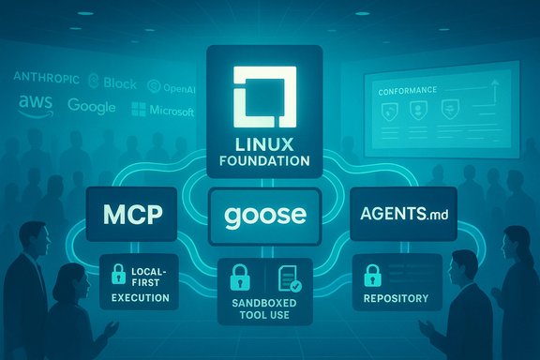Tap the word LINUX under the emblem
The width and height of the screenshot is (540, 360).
point(269,144)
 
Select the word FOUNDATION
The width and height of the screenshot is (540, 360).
point(269,160)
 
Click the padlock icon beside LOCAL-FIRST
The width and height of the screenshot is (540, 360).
point(119,276)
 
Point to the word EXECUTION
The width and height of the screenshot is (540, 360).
point(138,298)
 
